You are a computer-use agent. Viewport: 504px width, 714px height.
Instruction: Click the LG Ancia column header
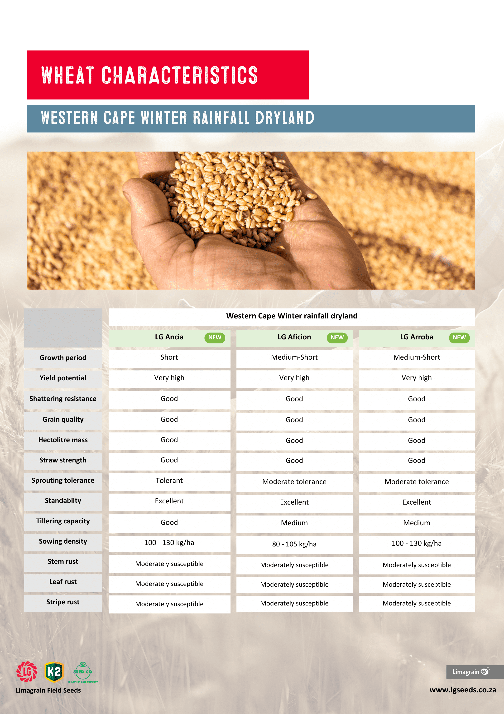pyautogui.click(x=169, y=337)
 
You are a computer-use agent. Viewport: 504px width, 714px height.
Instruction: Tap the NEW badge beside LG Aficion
pyautogui.click(x=337, y=338)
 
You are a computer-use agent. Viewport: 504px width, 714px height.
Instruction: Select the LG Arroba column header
pyautogui.click(x=416, y=337)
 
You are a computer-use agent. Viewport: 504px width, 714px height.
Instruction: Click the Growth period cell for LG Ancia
pyautogui.click(x=169, y=357)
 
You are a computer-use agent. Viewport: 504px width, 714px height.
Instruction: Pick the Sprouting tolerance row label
pyautogui.click(x=63, y=481)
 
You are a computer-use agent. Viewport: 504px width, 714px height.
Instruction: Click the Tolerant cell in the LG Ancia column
pyautogui.click(x=169, y=481)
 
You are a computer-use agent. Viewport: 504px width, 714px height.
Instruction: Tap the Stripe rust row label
pyautogui.click(x=63, y=602)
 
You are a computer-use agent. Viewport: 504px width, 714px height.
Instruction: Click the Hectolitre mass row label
pyautogui.click(x=63, y=440)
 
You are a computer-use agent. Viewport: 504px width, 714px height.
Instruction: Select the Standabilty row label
pyautogui.click(x=63, y=501)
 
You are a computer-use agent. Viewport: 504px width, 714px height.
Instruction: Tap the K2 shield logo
pyautogui.click(x=54, y=672)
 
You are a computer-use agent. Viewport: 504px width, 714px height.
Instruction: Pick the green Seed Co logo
pyautogui.click(x=83, y=672)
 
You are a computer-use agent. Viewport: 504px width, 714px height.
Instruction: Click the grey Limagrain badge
pyautogui.click(x=471, y=672)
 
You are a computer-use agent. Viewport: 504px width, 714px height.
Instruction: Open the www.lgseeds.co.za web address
pyautogui.click(x=462, y=690)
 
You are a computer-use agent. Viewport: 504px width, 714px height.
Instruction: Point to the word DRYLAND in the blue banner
pyautogui.click(x=284, y=118)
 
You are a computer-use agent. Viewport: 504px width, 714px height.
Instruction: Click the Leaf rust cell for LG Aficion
pyautogui.click(x=294, y=585)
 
